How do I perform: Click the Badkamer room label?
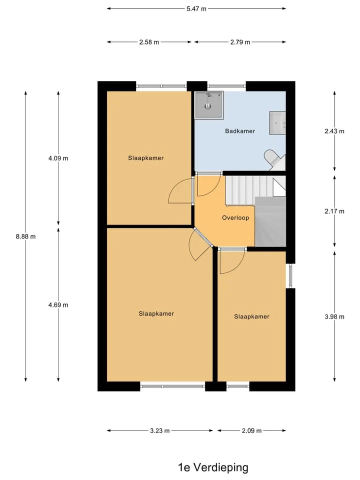(240, 131)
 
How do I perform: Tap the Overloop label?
(235, 217)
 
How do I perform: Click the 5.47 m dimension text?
(196, 8)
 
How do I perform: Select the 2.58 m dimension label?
(149, 42)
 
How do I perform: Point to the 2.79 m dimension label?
(240, 42)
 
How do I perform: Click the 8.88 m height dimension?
(25, 236)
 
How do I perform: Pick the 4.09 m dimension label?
(58, 158)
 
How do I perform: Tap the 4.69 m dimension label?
(58, 305)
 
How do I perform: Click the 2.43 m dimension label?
(334, 131)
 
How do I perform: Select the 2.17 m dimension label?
(334, 211)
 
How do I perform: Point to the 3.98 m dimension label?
(334, 316)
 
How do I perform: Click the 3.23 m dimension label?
(160, 430)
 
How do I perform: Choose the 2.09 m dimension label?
(251, 430)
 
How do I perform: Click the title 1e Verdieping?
(213, 467)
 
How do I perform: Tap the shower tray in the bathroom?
(209, 104)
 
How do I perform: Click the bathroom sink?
(277, 123)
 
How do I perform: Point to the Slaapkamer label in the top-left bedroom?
(146, 158)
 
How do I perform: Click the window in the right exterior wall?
(290, 276)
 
